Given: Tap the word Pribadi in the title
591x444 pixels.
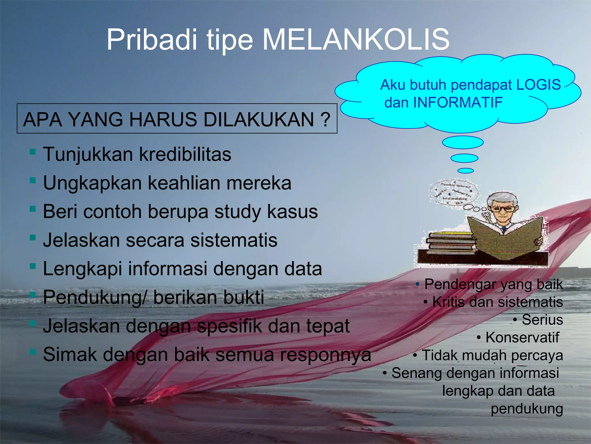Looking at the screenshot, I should tap(152, 40).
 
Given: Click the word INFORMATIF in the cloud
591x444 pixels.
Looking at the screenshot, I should tap(458, 102).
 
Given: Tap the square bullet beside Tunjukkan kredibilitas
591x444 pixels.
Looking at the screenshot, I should tap(33, 152).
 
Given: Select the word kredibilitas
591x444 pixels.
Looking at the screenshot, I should tap(185, 154).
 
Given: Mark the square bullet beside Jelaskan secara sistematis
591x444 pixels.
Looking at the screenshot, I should tap(33, 238).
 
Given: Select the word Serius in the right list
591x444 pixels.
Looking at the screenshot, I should tap(542, 320).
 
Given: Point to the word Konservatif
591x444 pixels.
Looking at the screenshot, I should tap(522, 337).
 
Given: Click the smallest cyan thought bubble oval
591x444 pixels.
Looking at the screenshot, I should tap(465, 171).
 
